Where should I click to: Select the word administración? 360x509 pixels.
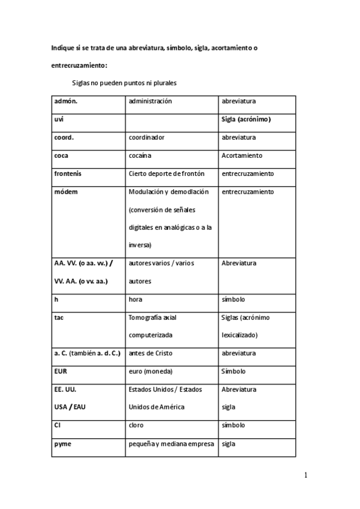[150, 101]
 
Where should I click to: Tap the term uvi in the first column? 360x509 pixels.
[59, 119]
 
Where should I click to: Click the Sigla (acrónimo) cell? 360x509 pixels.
[246, 119]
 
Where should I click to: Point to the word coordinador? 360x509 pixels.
[146, 137]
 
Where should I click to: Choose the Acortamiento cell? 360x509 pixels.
[242, 155]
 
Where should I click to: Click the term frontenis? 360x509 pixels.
[68, 173]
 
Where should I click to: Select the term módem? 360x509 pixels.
[65, 191]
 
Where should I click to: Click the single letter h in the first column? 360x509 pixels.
[56, 299]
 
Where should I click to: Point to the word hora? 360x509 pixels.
[136, 299]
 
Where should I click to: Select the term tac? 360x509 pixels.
[59, 317]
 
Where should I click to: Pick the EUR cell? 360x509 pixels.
[61, 371]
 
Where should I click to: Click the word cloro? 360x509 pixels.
[137, 425]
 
